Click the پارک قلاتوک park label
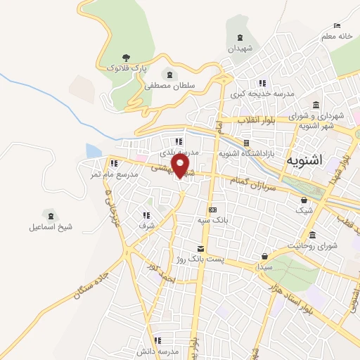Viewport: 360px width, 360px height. tap(127, 67)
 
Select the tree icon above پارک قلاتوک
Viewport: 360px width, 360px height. tap(127, 57)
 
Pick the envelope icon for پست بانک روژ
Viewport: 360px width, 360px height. tap(201, 248)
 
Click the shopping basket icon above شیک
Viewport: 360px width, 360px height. tap(303, 200)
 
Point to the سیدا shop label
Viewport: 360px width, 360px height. tap(264, 268)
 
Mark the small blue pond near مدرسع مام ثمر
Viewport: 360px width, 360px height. tap(94, 150)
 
